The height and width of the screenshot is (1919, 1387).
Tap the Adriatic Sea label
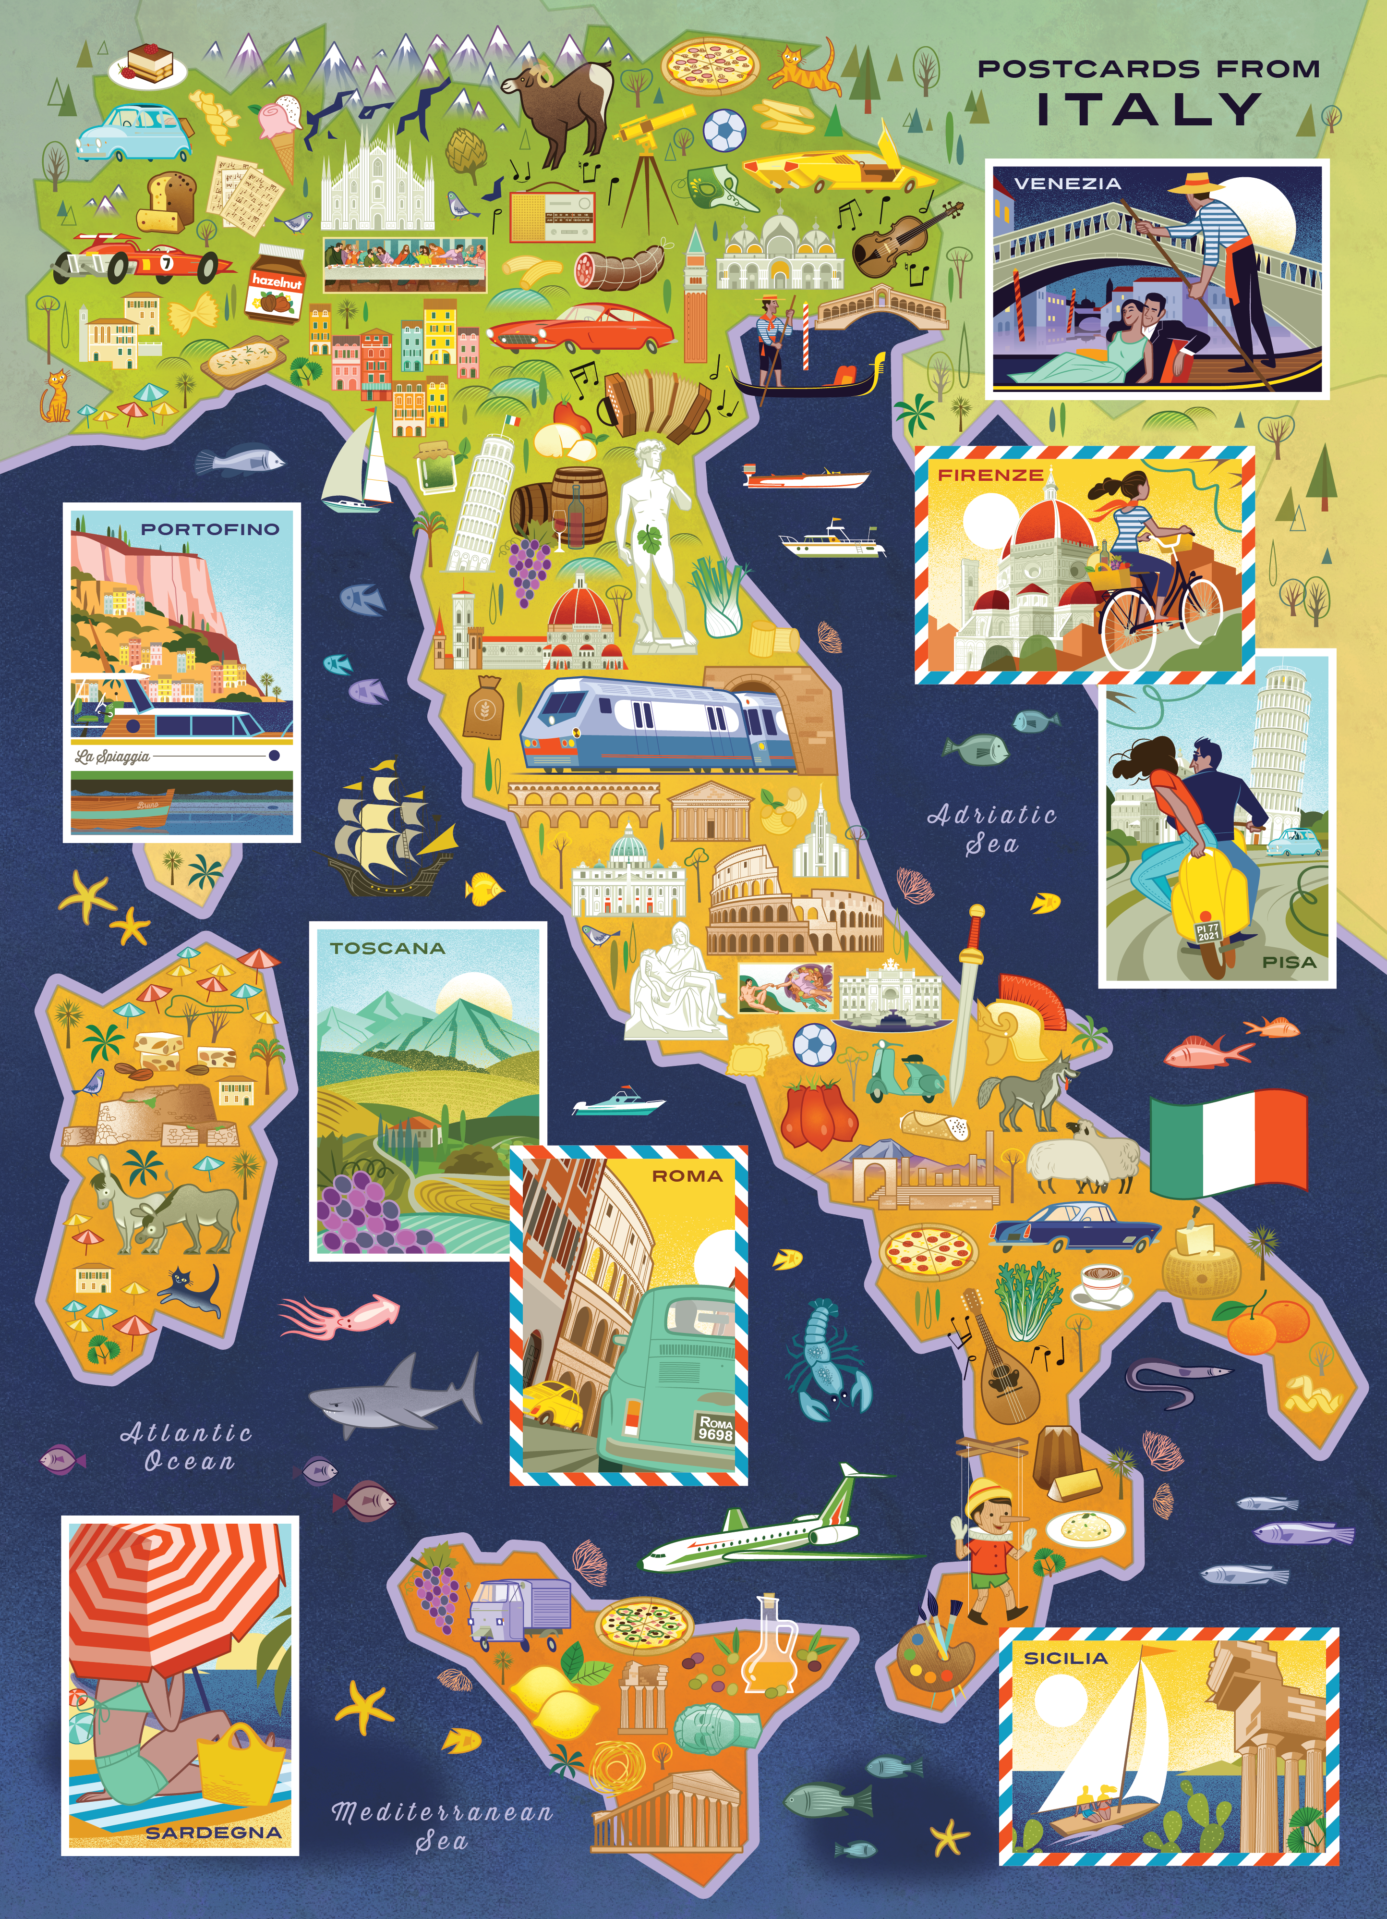(992, 829)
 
